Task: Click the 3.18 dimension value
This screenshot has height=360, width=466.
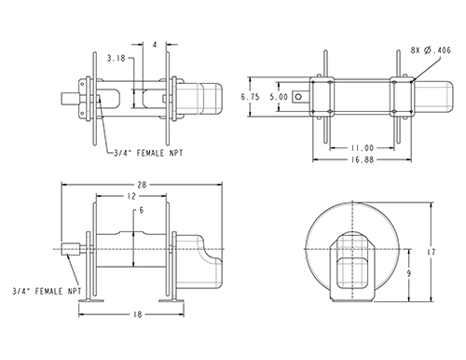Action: (116, 58)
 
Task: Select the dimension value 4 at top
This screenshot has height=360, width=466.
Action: (155, 45)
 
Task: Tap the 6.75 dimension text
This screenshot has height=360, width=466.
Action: (250, 97)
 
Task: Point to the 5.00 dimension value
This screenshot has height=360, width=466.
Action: (279, 97)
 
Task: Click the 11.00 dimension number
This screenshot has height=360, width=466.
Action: (363, 148)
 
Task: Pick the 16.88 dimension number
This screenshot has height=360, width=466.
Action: (363, 159)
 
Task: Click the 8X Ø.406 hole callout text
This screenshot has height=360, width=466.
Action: (431, 50)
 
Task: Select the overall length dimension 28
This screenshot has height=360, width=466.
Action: (142, 185)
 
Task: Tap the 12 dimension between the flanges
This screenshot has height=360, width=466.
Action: (131, 196)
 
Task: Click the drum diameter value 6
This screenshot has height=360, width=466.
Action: (142, 211)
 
